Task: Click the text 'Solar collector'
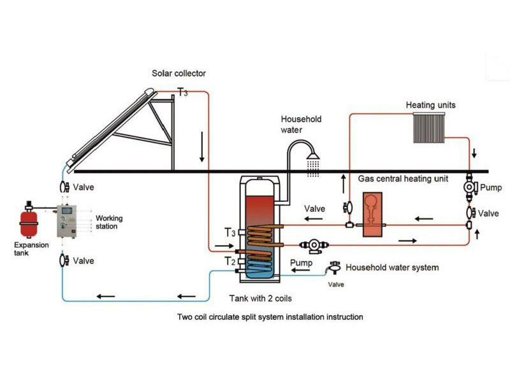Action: point(178,74)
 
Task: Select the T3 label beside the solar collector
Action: point(182,93)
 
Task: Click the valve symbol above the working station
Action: point(63,188)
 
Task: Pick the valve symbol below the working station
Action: point(63,260)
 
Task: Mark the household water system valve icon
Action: point(332,269)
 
